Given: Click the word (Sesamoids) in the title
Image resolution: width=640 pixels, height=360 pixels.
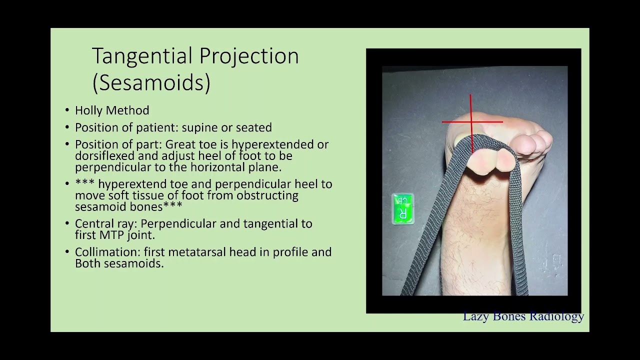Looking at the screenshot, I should point(151,83).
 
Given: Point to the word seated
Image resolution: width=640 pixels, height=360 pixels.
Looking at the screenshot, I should point(255,127).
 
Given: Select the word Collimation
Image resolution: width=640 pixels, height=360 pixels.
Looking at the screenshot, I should point(107,252).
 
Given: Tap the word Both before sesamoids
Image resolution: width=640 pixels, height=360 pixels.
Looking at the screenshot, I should point(87,263).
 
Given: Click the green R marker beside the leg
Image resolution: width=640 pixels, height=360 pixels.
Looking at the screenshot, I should point(403,209).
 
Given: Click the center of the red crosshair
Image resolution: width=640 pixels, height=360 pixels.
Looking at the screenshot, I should point(471,121).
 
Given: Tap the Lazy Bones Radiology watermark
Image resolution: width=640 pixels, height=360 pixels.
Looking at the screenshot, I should point(523,316).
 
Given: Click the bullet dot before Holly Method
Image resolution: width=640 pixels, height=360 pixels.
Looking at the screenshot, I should point(67,111).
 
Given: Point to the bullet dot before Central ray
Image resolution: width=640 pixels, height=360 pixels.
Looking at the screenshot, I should point(67,224).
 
